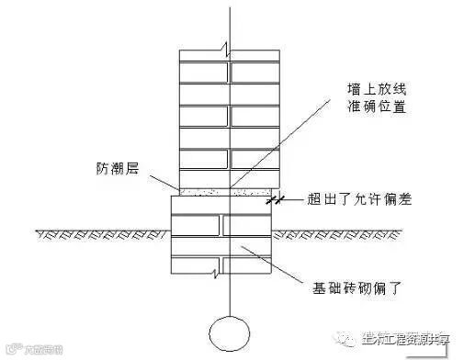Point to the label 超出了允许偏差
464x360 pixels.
[357, 199]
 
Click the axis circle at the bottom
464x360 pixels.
[230, 330]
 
